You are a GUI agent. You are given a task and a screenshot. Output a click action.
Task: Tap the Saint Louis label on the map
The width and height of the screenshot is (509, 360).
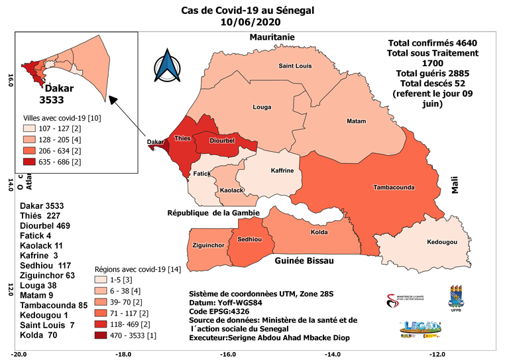(x=295, y=66)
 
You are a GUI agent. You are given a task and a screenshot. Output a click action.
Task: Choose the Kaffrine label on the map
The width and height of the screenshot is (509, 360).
(x=282, y=170)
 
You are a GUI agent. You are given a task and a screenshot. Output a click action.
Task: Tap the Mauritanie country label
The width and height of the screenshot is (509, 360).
(x=272, y=37)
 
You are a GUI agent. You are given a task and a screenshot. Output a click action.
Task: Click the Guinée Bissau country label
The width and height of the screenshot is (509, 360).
(x=304, y=263)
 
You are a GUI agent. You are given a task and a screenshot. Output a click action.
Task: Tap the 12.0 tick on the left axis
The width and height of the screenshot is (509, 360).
(x=9, y=290)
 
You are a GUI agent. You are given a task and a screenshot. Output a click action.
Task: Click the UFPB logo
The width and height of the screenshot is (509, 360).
(x=458, y=299)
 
